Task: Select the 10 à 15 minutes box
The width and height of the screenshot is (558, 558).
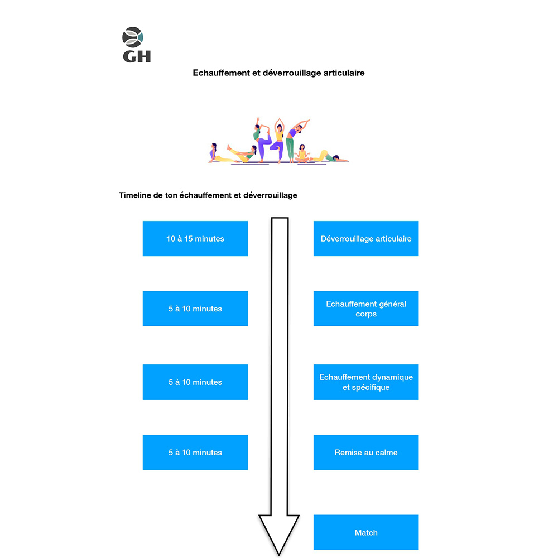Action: (195, 239)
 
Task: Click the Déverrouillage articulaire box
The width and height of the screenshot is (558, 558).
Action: (366, 239)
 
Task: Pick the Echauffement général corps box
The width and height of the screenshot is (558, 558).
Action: (366, 309)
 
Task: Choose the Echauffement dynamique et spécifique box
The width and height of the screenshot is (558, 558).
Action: (366, 382)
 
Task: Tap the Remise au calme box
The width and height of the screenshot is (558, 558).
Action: (366, 453)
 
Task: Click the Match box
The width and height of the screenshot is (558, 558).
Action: (366, 532)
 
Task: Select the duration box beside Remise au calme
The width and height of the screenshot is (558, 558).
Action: (195, 453)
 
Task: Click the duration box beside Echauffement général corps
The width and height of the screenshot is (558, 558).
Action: (195, 309)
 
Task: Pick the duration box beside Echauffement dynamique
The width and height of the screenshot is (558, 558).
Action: (195, 382)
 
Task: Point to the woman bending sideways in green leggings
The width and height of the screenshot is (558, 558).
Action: (292, 139)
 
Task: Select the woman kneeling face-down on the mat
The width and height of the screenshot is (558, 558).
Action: (326, 156)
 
